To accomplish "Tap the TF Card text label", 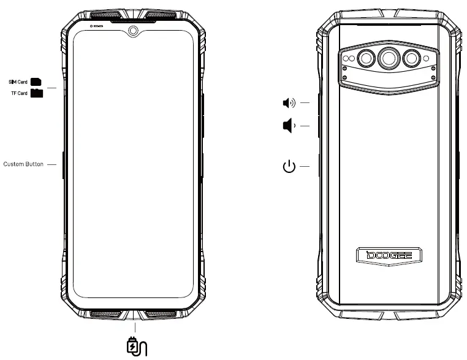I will pos(20,93).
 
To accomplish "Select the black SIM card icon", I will pos(36,81).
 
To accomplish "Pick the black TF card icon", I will pos(37,93).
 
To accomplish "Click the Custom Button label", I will pos(23,164).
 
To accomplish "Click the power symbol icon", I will pos(289,166).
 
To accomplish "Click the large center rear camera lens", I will pos(389,58).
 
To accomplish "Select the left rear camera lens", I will pos(366,59).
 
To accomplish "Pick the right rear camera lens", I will pos(411,59).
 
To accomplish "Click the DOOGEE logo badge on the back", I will pos(389,255).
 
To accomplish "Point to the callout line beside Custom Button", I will pos(51,164).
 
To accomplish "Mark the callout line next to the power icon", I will pos(304,166).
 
